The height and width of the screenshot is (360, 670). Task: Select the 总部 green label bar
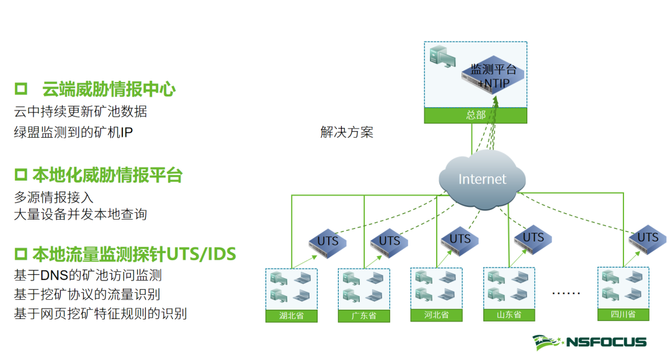pyautogui.click(x=475, y=115)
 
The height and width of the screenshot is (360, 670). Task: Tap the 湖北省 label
pyautogui.click(x=291, y=316)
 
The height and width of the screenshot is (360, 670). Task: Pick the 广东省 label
pyautogui.click(x=364, y=316)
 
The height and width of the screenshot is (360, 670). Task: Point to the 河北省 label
pyautogui.click(x=436, y=315)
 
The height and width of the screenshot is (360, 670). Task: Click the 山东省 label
pyautogui.click(x=509, y=315)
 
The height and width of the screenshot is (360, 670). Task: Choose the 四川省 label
pyautogui.click(x=623, y=314)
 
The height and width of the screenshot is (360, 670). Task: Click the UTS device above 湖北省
pyautogui.click(x=328, y=241)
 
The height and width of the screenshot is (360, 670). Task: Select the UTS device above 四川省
pyautogui.click(x=648, y=238)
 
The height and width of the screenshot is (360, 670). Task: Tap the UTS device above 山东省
pyautogui.click(x=533, y=238)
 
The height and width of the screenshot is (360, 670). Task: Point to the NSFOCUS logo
pyautogui.click(x=589, y=342)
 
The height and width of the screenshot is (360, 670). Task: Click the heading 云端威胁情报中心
pyautogui.click(x=108, y=89)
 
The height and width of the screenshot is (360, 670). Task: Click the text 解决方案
pyautogui.click(x=347, y=132)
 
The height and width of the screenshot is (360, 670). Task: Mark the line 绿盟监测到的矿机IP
pyautogui.click(x=73, y=132)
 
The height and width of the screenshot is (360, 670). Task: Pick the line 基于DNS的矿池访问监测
pyautogui.click(x=87, y=274)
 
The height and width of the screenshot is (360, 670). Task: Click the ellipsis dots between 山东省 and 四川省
pyautogui.click(x=565, y=292)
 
